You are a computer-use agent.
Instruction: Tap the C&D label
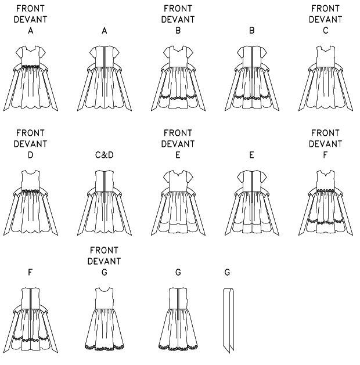(x=105, y=156)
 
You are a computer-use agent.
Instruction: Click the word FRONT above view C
(x=325, y=8)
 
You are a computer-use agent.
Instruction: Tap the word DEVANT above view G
(x=105, y=261)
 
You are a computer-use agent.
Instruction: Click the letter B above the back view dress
(x=251, y=32)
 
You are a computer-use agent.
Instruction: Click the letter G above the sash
(x=226, y=272)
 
